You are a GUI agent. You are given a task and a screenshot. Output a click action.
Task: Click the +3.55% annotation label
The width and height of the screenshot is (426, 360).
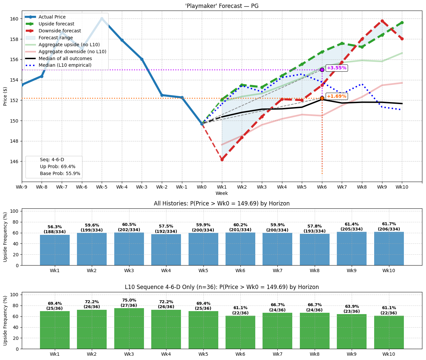[337, 68]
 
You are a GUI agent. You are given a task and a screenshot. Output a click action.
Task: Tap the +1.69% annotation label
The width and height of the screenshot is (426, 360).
[337, 96]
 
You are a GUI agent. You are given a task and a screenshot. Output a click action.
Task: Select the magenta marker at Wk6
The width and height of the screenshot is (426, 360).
[322, 70]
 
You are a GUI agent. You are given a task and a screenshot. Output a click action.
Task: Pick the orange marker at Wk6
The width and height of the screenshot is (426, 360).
[322, 98]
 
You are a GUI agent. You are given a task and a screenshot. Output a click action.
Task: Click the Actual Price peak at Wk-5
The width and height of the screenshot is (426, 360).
[102, 19]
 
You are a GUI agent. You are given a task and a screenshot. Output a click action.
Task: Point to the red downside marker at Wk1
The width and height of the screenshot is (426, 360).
[222, 160]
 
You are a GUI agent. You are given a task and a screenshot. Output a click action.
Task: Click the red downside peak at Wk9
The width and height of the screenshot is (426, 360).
[382, 21]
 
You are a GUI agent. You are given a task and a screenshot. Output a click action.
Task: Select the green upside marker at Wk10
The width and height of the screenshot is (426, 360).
[402, 22]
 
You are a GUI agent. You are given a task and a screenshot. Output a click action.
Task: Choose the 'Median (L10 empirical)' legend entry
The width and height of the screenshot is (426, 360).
[65, 65]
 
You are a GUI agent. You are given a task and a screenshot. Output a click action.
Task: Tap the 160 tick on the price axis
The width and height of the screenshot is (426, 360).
[15, 19]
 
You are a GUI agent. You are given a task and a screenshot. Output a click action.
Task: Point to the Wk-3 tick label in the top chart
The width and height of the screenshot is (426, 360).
[142, 187]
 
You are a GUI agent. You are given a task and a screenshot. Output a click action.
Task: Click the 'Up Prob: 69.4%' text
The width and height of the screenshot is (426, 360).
[57, 166]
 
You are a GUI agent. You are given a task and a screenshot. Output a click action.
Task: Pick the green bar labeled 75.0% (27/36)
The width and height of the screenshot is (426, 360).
[129, 328]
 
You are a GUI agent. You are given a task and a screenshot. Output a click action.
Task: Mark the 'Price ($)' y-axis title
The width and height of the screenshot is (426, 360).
[5, 96]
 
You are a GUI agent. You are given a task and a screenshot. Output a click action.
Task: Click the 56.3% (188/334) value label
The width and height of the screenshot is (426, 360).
[55, 229]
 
